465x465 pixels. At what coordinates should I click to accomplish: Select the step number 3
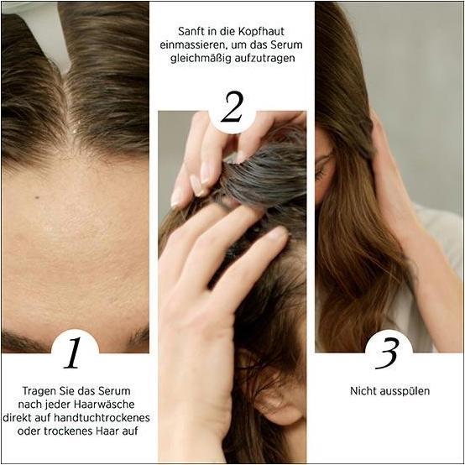click(x=387, y=353)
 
